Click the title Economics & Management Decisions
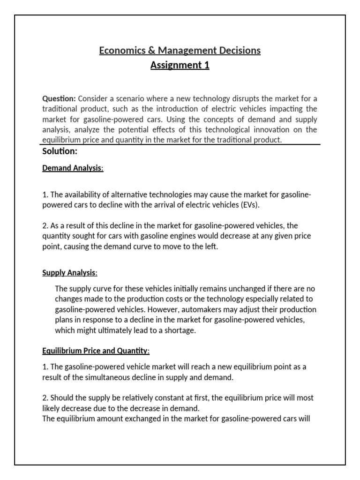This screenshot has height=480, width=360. (180, 50)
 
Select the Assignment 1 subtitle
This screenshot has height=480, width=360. (180, 65)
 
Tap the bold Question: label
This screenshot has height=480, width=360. (59, 98)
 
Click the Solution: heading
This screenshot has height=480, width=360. (60, 151)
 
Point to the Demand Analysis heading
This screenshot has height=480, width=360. (72, 168)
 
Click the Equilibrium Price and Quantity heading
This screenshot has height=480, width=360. (96, 351)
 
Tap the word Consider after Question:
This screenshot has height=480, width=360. (92, 98)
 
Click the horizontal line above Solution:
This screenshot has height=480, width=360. (180, 145)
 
